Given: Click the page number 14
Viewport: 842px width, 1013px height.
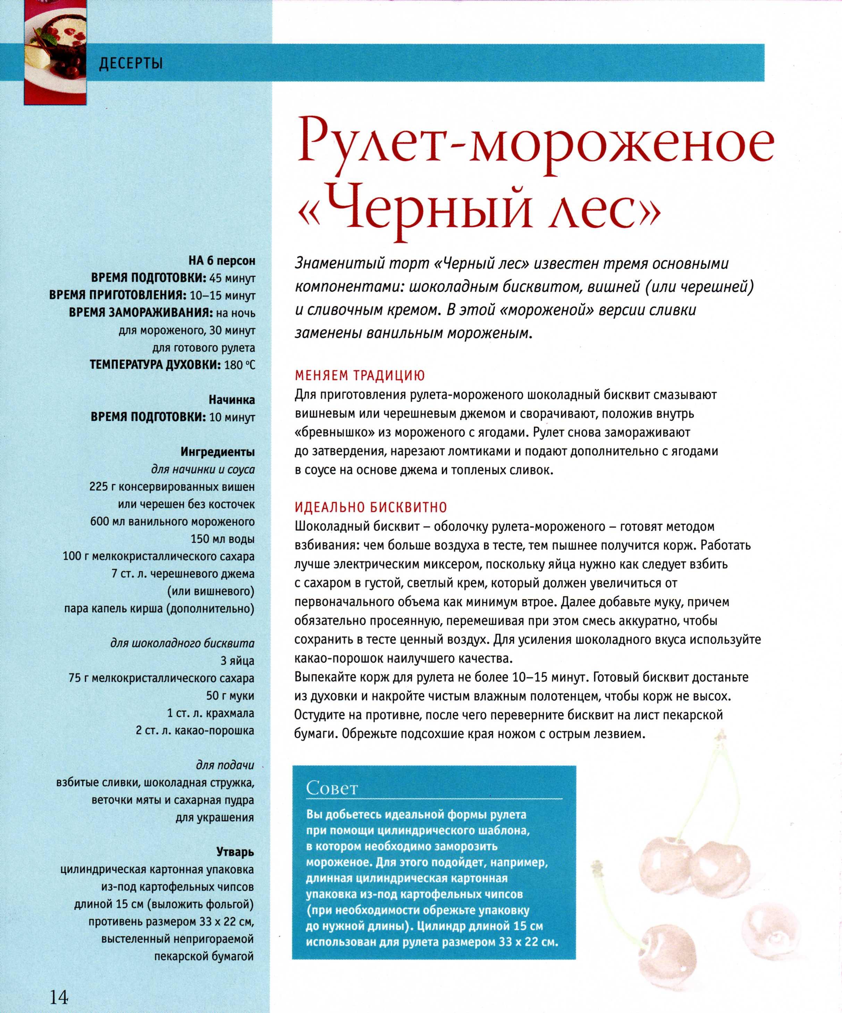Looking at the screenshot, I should (x=58, y=993).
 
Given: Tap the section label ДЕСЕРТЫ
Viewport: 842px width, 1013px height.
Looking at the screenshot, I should (x=131, y=63).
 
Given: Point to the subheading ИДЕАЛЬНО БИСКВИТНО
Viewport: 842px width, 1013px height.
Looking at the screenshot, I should (x=371, y=507).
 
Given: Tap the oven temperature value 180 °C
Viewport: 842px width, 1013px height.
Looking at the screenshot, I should (x=239, y=365).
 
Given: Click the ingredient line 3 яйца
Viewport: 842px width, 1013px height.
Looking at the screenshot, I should (x=237, y=660).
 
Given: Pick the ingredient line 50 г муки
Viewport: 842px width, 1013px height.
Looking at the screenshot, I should (x=230, y=695).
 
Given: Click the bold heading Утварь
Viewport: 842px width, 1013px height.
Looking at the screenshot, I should (x=235, y=852).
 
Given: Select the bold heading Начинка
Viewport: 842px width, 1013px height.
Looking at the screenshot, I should (x=231, y=400).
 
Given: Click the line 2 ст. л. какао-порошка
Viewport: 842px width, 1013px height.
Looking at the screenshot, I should (x=195, y=730).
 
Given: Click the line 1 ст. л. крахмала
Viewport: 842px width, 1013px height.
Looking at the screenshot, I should (x=210, y=713).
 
